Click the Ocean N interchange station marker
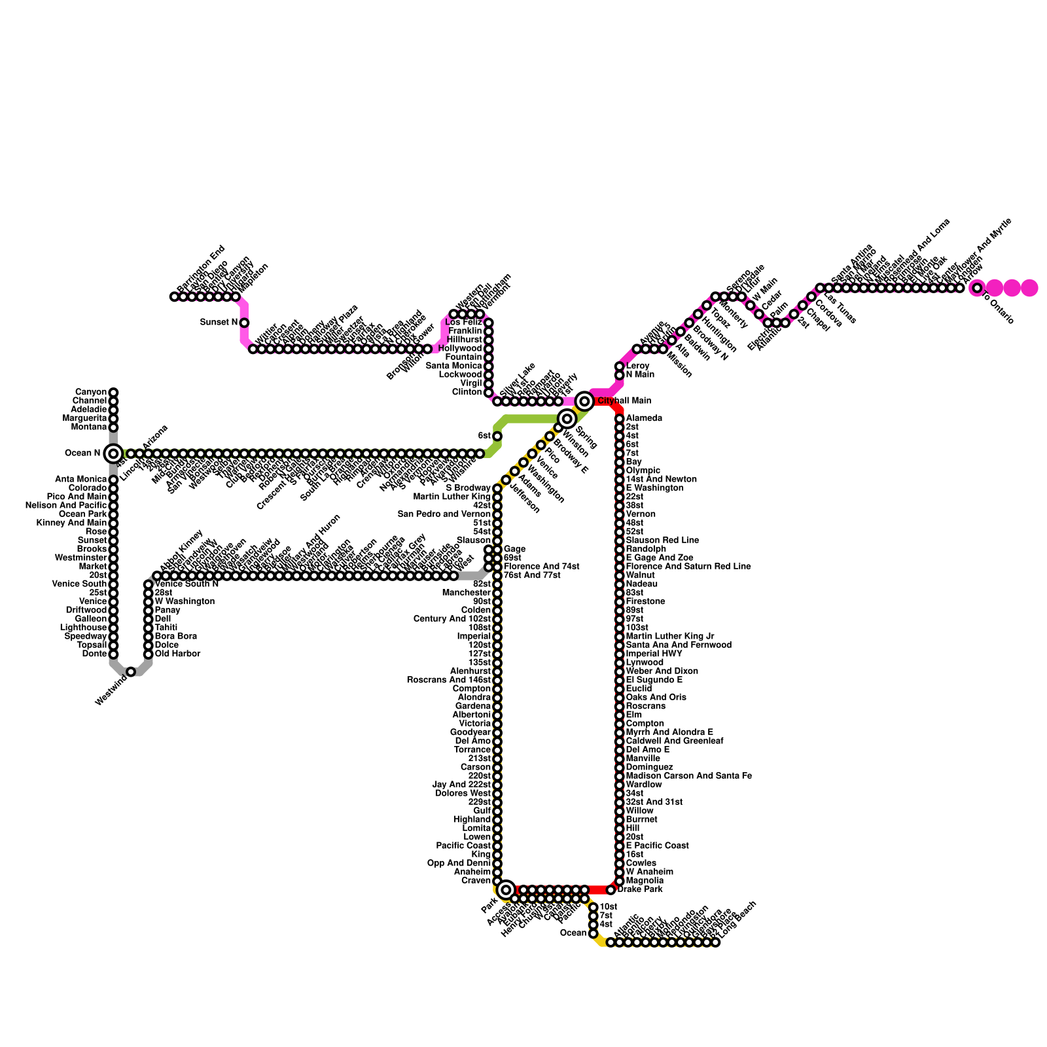coord(113,453)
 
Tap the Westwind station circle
coord(131,671)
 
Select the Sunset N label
coord(219,323)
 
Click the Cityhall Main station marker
coord(584,400)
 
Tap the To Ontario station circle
coord(977,288)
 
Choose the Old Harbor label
coord(177,654)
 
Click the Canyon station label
coord(90,392)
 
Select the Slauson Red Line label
coord(662,541)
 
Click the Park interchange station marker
coord(505,890)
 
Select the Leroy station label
coord(637,366)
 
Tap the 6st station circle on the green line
coord(497,436)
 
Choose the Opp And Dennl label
coord(459,863)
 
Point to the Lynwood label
coord(645,662)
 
